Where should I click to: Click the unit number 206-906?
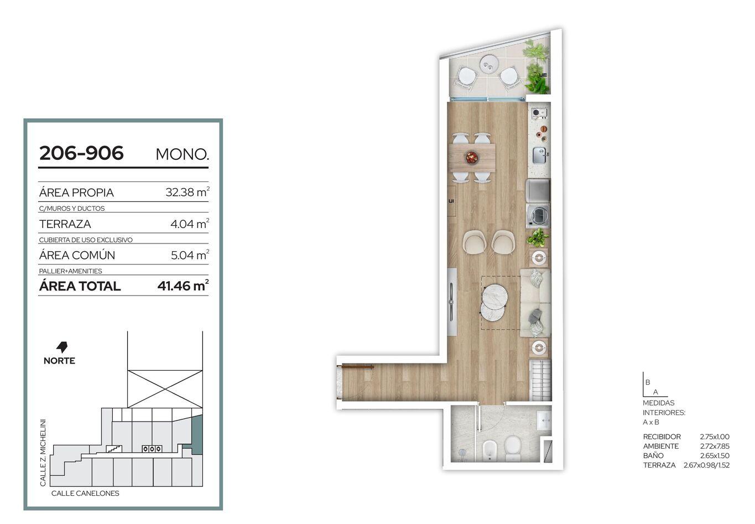point(81,153)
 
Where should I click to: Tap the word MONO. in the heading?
point(182,154)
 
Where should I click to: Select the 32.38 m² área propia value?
point(188,192)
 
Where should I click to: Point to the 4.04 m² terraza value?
point(190,224)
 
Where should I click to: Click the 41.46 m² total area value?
point(183,286)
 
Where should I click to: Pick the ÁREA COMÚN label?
point(77,255)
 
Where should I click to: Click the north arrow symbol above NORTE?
point(62,347)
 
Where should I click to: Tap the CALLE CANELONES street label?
point(85,494)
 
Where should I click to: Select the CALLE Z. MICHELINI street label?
point(43,453)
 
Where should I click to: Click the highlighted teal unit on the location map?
point(197,435)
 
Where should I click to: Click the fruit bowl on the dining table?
point(471,158)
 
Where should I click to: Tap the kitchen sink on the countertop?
point(540,155)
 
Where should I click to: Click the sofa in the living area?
point(535,303)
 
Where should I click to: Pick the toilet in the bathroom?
point(513,448)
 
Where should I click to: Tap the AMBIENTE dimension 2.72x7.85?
point(715,446)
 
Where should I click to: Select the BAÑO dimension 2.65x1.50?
point(715,455)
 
